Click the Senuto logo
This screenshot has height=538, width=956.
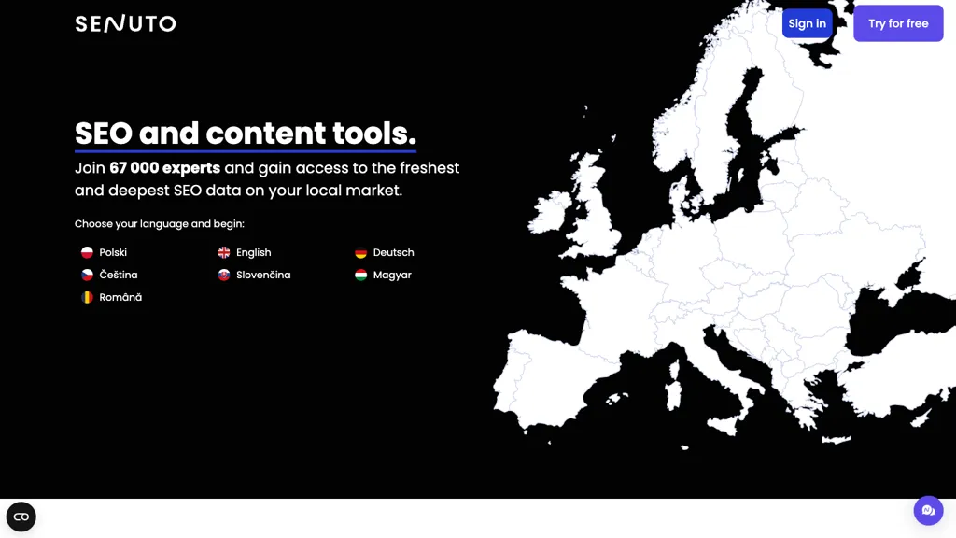pyautogui.click(x=126, y=23)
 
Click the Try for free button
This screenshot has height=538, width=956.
pyautogui.click(x=898, y=23)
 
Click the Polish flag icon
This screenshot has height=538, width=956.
pyautogui.click(x=87, y=252)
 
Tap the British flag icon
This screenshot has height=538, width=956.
pyautogui.click(x=224, y=252)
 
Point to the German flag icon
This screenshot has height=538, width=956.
pyautogui.click(x=361, y=252)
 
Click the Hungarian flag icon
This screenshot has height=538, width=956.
pyautogui.click(x=361, y=276)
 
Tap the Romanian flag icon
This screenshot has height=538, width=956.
pyautogui.click(x=87, y=298)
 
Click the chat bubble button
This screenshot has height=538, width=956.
pyautogui.click(x=928, y=511)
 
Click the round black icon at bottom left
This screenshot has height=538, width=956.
pyautogui.click(x=21, y=517)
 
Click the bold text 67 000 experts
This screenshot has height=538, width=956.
pyautogui.click(x=164, y=168)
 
